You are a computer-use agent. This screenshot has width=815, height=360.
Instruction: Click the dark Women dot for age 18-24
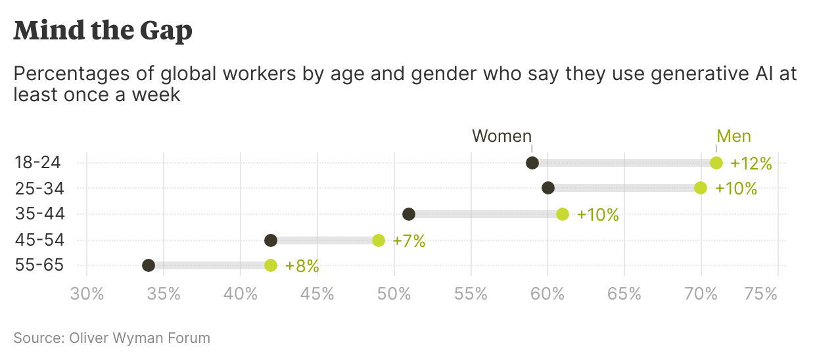pos(532,163)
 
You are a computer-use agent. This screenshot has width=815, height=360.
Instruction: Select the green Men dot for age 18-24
pos(716,163)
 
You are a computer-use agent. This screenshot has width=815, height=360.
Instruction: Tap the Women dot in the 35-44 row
pos(409,214)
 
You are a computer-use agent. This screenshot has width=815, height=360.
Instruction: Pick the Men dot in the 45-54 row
pos(379,240)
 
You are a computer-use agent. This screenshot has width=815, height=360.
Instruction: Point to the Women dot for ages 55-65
pos(149,265)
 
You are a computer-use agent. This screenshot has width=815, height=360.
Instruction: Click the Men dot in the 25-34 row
pos(701,188)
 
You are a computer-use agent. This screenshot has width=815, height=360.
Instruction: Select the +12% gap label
pos(751,164)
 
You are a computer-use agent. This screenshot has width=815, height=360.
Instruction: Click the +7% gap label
pos(409,241)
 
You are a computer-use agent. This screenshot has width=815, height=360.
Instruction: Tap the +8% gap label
pos(302,266)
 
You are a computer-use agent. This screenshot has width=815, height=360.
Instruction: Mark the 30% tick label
pos(87,294)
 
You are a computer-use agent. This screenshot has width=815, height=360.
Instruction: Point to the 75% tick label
pos(761,294)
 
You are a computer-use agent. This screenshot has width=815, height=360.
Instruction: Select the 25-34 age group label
pos(39,189)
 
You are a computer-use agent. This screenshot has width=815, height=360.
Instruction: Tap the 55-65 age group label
pos(39,266)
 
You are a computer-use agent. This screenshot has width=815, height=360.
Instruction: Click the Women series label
pos(501,136)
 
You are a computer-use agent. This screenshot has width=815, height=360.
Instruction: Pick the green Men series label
pos(733,136)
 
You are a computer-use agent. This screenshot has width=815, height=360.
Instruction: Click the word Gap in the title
pos(166,30)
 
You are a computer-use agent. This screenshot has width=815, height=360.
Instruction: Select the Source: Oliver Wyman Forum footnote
pos(112,338)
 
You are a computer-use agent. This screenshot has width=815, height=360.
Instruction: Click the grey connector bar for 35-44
pos(485,214)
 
